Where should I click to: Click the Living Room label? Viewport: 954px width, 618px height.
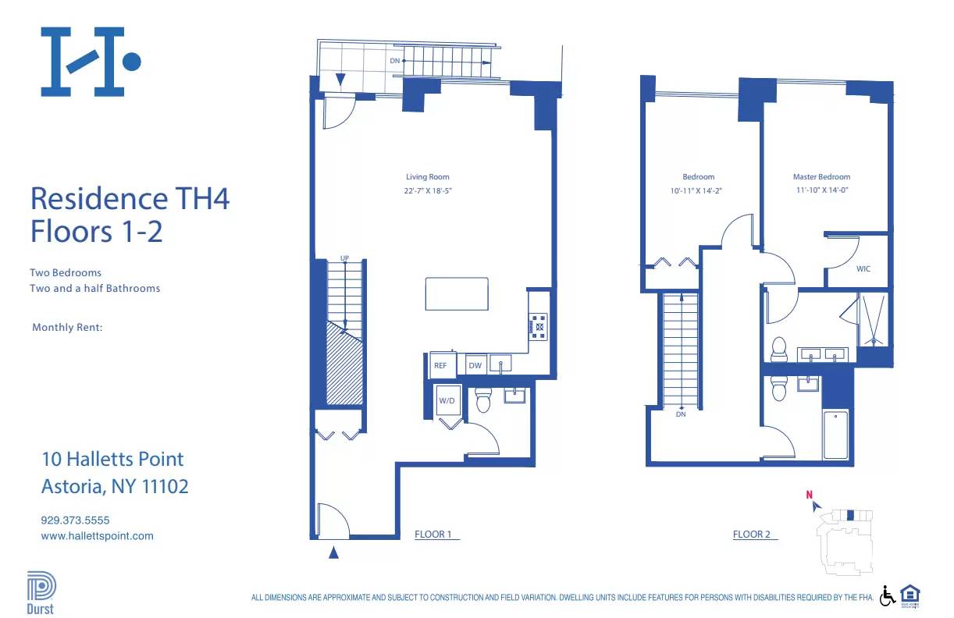[x=427, y=177]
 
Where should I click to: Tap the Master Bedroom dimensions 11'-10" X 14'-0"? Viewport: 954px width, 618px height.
[x=821, y=190]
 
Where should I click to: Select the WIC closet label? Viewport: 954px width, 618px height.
[x=863, y=268]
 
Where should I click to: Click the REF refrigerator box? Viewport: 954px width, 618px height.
[x=440, y=365]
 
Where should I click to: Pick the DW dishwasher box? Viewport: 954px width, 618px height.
[x=474, y=365]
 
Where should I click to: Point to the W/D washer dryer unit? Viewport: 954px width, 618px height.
[x=447, y=401]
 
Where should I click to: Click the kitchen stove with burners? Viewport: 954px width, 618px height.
[x=539, y=325]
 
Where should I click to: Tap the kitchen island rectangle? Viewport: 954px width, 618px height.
[x=457, y=294]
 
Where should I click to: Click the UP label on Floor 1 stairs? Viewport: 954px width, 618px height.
[x=344, y=258]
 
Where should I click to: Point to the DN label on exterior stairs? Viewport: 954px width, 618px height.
[x=395, y=60]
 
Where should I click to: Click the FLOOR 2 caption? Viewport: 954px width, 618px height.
[x=752, y=535]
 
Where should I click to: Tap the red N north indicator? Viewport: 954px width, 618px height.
[x=810, y=494]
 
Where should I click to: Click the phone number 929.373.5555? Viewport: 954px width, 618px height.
[x=75, y=520]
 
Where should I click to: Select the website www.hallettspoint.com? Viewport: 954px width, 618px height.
[x=97, y=536]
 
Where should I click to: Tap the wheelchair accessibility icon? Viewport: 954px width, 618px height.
[x=888, y=596]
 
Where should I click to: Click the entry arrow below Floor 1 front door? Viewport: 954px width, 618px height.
[x=333, y=553]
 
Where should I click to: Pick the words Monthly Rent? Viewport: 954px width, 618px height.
[x=67, y=328]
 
